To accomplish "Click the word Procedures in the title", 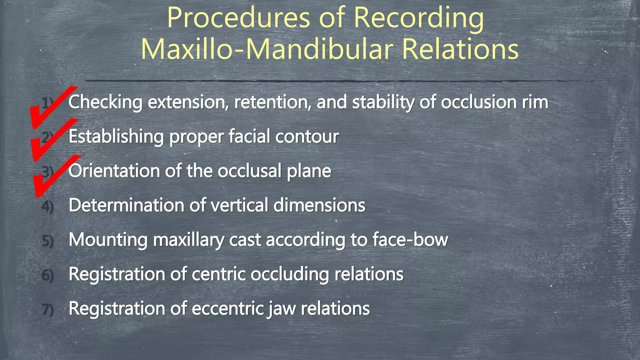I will click(x=239, y=18).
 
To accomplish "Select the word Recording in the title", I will click(x=419, y=18).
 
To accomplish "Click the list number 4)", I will click(x=47, y=207).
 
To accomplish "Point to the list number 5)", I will click(x=47, y=241).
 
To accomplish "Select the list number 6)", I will click(x=47, y=275).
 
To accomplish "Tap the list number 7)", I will click(x=47, y=310).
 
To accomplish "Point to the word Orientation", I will click(x=114, y=171).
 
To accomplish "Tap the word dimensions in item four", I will click(x=319, y=205).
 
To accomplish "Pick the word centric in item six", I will click(x=218, y=274).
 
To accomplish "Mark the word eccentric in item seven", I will click(x=228, y=308).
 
